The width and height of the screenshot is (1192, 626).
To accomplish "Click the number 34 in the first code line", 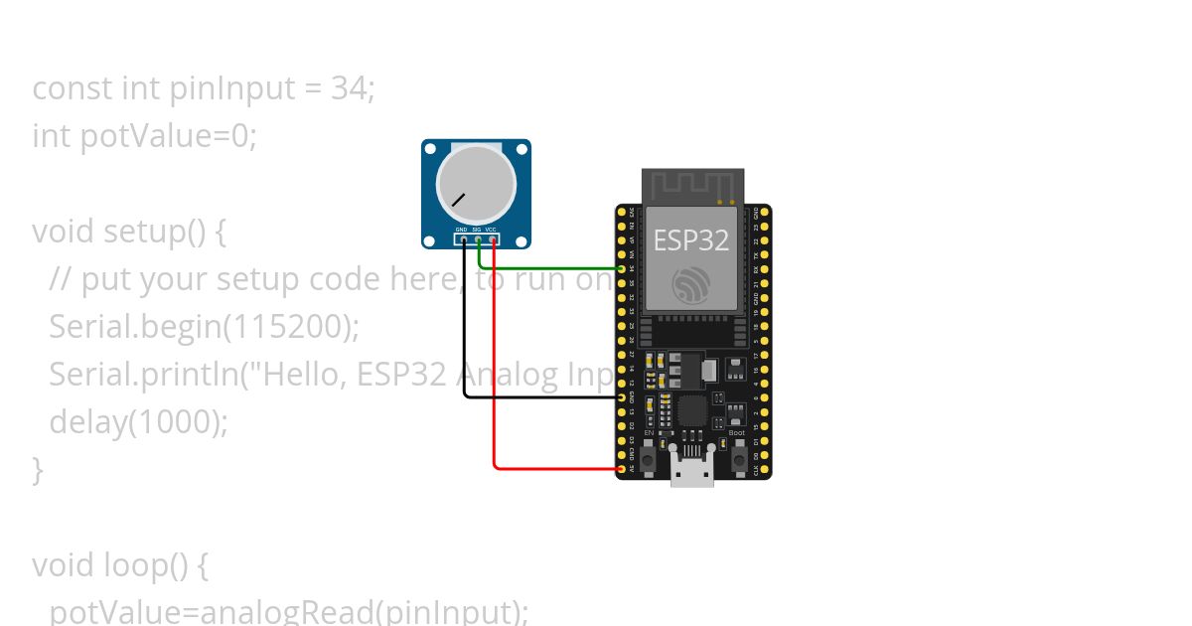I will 350,88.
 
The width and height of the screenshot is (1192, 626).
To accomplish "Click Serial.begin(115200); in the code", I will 204,327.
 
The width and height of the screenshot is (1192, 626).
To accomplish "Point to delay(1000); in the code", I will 138,422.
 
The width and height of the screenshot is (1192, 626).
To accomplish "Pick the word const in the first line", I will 73,88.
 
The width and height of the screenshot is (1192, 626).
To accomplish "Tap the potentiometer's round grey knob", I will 476,183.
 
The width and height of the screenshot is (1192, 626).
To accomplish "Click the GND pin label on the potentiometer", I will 461,231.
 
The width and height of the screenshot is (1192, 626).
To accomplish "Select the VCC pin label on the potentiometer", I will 491,231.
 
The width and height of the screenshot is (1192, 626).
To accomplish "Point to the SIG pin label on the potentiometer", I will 476,231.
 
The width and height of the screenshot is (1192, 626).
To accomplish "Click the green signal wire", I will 556,268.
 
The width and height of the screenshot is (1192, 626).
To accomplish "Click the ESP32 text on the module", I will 691,239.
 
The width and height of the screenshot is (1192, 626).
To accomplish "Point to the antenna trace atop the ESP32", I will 692,184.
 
